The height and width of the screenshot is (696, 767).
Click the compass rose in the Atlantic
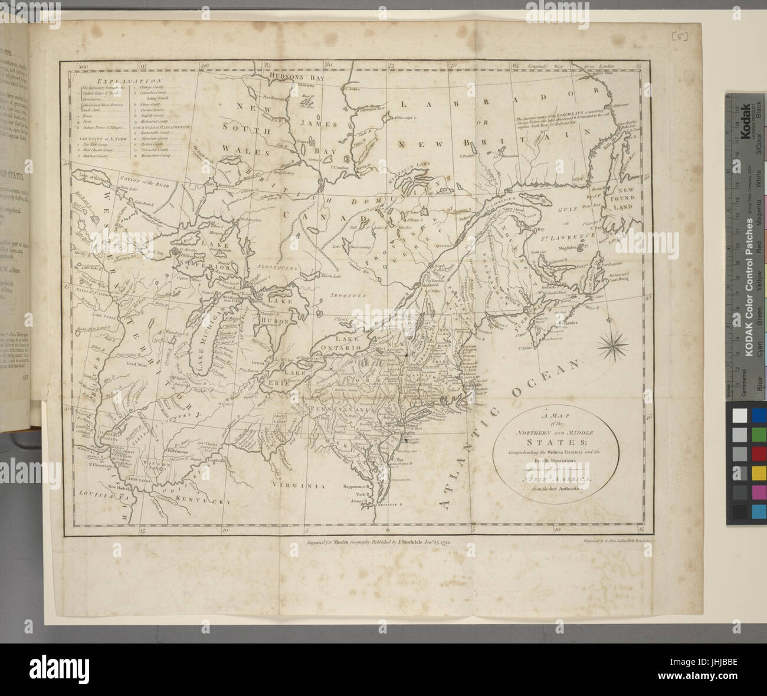tap(615, 346)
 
